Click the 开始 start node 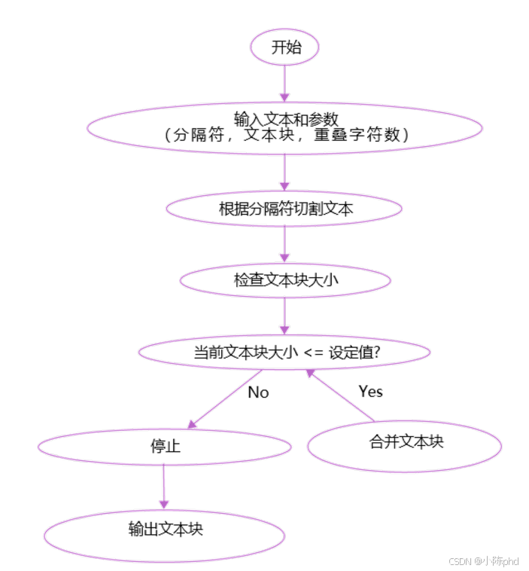[285, 47]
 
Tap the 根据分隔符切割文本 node [284, 209]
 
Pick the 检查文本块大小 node [284, 281]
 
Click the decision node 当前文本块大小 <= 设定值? [284, 352]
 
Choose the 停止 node [164, 447]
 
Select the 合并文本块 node [405, 443]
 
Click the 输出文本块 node [164, 530]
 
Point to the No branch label [257, 392]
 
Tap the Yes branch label [370, 391]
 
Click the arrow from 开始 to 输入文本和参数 [284, 83]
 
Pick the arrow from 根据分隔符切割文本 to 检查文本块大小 [284, 244]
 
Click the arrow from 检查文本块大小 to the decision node [284, 316]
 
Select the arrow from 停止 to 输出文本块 [163, 487]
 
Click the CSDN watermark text [484, 561]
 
